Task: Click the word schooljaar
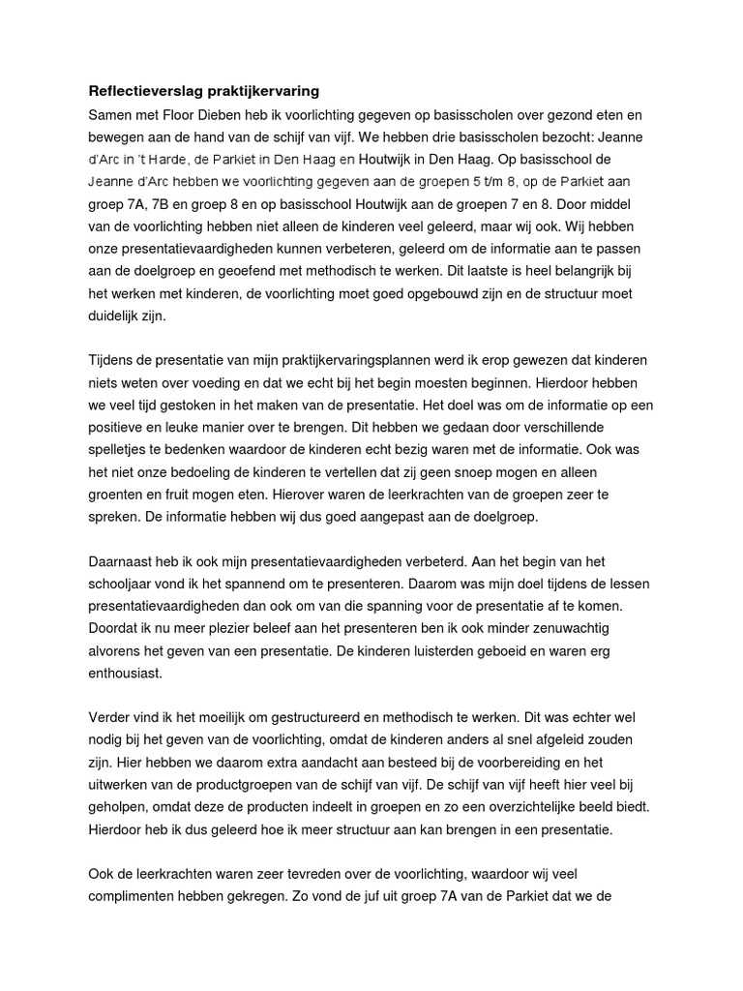124,584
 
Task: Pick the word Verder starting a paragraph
110,717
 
